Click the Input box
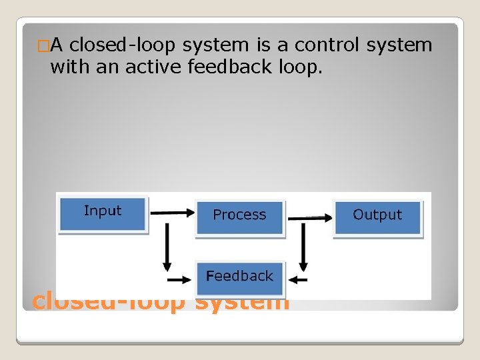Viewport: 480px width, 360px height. pyautogui.click(x=103, y=213)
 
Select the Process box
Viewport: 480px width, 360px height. pyautogui.click(x=239, y=216)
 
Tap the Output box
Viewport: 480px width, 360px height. pyautogui.click(x=377, y=216)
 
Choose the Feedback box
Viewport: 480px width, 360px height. pyautogui.click(x=239, y=277)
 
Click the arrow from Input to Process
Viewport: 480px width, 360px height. pyautogui.click(x=171, y=213)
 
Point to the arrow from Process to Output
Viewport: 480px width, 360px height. pyautogui.click(x=309, y=217)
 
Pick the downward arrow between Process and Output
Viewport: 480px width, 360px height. pyautogui.click(x=303, y=247)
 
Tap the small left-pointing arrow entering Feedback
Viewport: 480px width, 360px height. pyautogui.click(x=300, y=280)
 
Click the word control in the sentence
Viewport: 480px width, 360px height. pyautogui.click(x=327, y=45)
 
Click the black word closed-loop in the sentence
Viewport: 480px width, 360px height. pyautogui.click(x=123, y=45)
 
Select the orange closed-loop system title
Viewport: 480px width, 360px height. pyautogui.click(x=161, y=304)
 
